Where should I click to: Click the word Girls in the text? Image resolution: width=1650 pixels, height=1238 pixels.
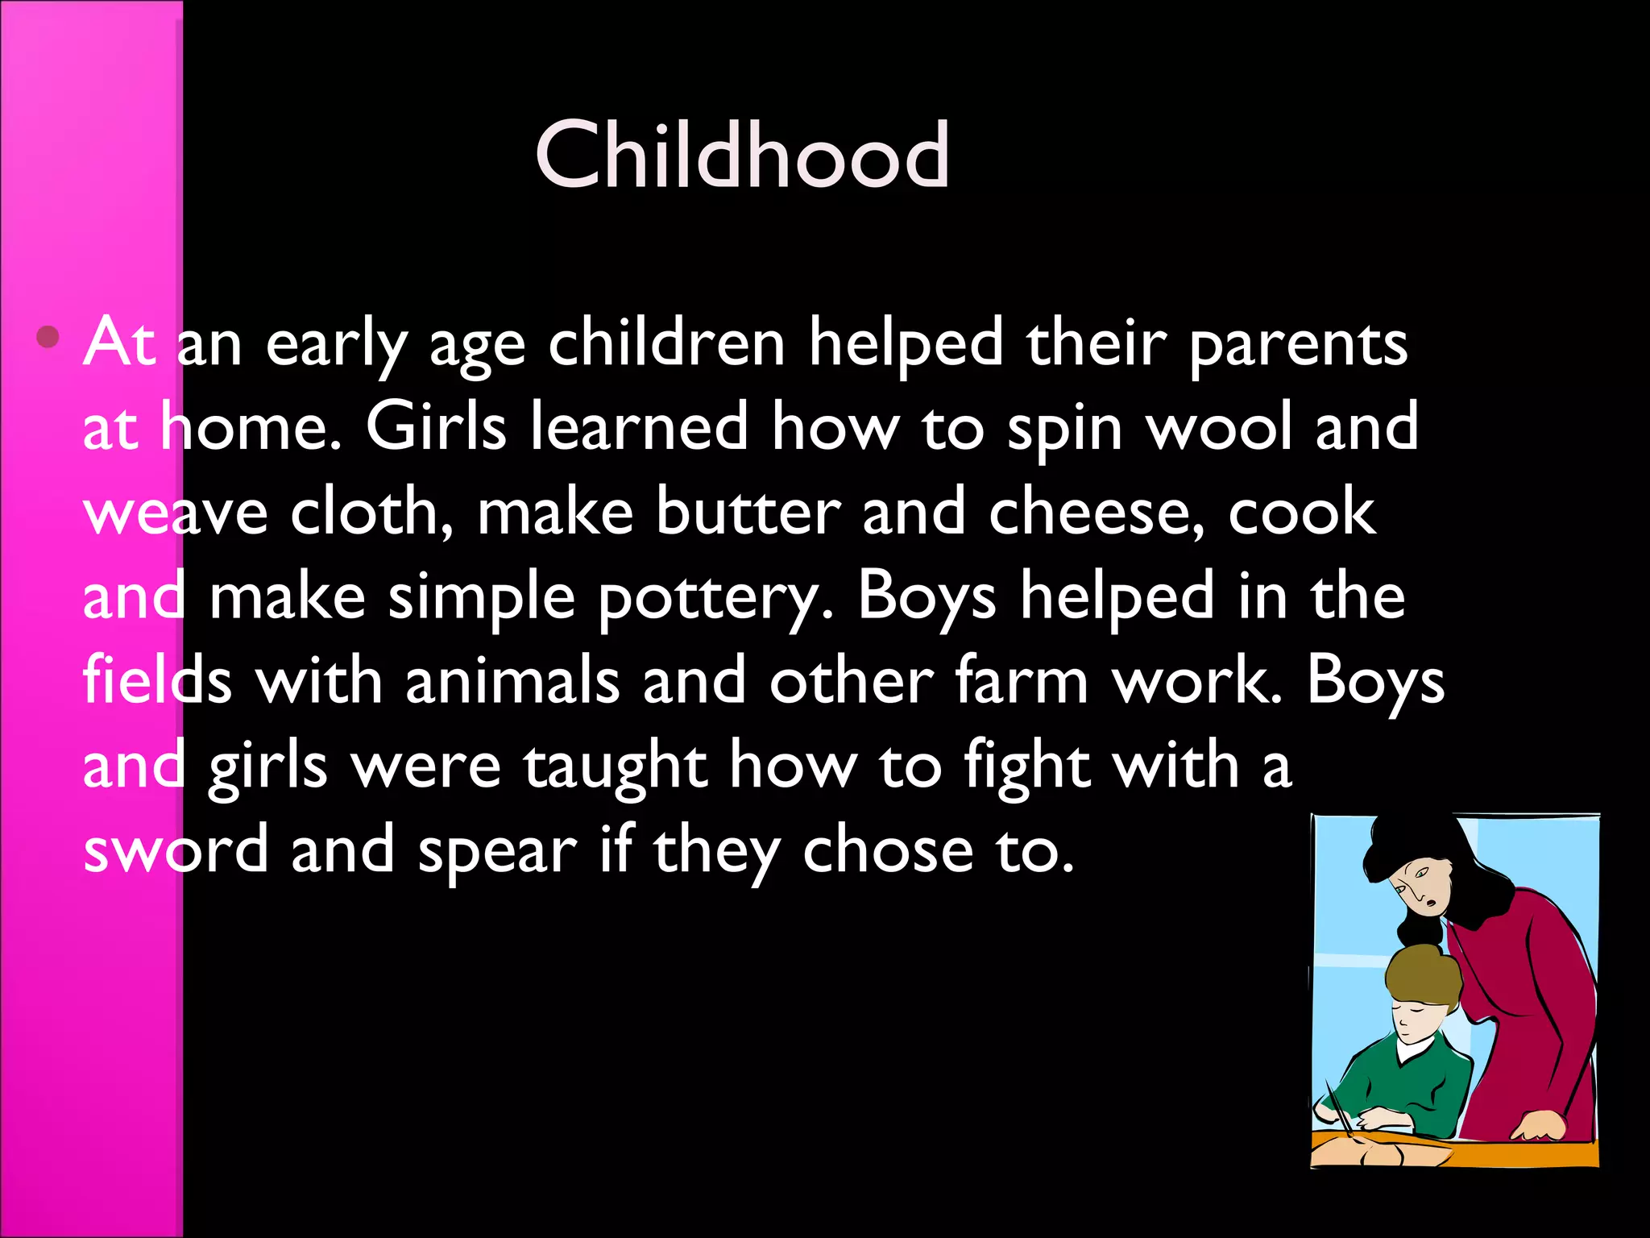coord(436,426)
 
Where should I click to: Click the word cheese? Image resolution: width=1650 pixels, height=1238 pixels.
coord(1096,513)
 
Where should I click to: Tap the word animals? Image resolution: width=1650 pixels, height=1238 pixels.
coord(512,681)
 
